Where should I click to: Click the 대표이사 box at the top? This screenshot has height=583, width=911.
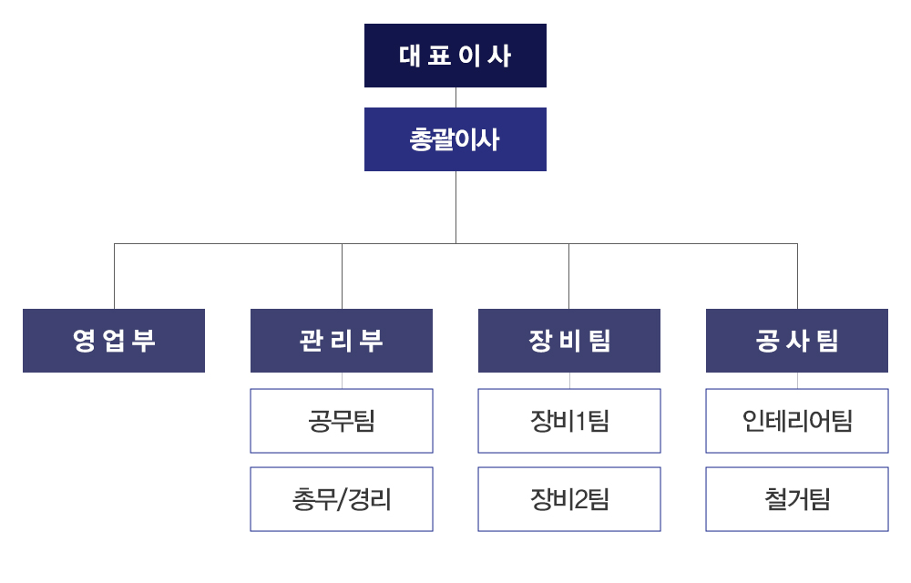pos(455,56)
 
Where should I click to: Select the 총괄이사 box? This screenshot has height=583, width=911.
pos(455,139)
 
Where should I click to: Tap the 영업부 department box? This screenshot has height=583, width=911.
pos(114,341)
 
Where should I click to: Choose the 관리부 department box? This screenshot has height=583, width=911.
pos(342,341)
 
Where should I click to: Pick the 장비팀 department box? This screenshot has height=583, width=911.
pos(569,341)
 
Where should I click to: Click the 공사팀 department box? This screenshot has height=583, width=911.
pos(797,341)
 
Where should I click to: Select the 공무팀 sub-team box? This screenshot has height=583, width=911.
pos(342,421)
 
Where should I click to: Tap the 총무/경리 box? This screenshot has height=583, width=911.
pos(342,499)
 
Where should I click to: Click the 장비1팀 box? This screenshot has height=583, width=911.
pos(569,421)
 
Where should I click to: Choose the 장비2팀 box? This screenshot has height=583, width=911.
pos(569,499)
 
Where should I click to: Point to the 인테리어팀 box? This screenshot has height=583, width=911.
pos(797,421)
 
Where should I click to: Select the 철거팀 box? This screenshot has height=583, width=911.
pos(797,499)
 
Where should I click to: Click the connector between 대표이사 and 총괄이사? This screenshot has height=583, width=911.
pos(455,97)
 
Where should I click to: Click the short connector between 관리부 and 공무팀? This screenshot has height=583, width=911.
pos(342,381)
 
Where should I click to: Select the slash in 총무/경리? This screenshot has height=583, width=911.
pos(343,500)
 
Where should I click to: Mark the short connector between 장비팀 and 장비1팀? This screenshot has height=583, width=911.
pos(569,381)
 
